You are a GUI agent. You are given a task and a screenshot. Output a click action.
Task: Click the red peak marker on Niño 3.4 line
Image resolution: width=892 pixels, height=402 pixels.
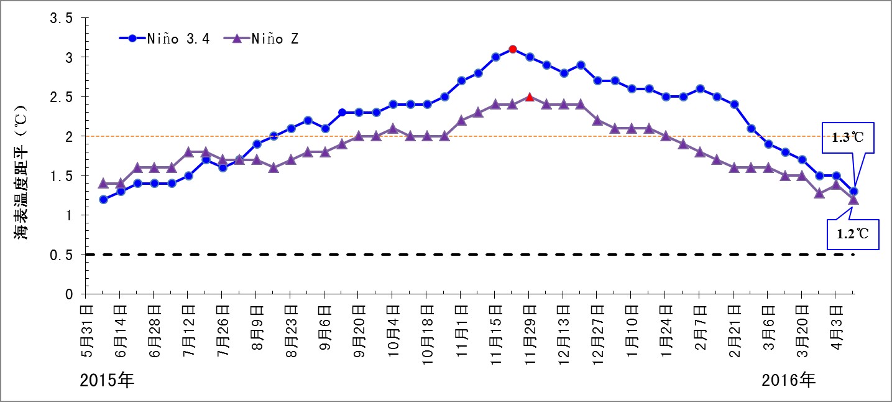click(512, 49)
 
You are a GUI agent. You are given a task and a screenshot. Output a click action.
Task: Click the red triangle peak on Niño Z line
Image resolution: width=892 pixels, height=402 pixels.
click(530, 97)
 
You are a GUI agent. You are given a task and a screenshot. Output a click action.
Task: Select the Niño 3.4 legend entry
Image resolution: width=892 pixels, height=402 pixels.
click(165, 38)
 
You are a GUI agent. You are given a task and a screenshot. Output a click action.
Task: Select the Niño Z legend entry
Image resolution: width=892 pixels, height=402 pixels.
click(268, 38)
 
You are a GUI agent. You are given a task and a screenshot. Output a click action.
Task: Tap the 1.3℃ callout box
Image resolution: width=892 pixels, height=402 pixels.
click(848, 137)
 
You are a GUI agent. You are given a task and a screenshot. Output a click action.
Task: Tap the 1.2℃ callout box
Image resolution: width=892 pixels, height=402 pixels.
click(853, 235)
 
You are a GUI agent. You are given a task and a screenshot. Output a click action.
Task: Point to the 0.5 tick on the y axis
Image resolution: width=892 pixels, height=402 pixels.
click(62, 255)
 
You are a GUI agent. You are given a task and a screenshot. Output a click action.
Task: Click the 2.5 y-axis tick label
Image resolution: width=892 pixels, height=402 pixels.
click(62, 97)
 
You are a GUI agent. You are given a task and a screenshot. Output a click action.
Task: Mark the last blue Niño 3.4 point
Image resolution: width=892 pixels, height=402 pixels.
click(853, 191)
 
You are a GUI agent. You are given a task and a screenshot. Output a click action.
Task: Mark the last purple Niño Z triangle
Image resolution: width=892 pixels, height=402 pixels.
click(853, 199)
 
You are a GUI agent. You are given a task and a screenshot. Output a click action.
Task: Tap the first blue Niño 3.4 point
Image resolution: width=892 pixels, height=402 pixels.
click(104, 200)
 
